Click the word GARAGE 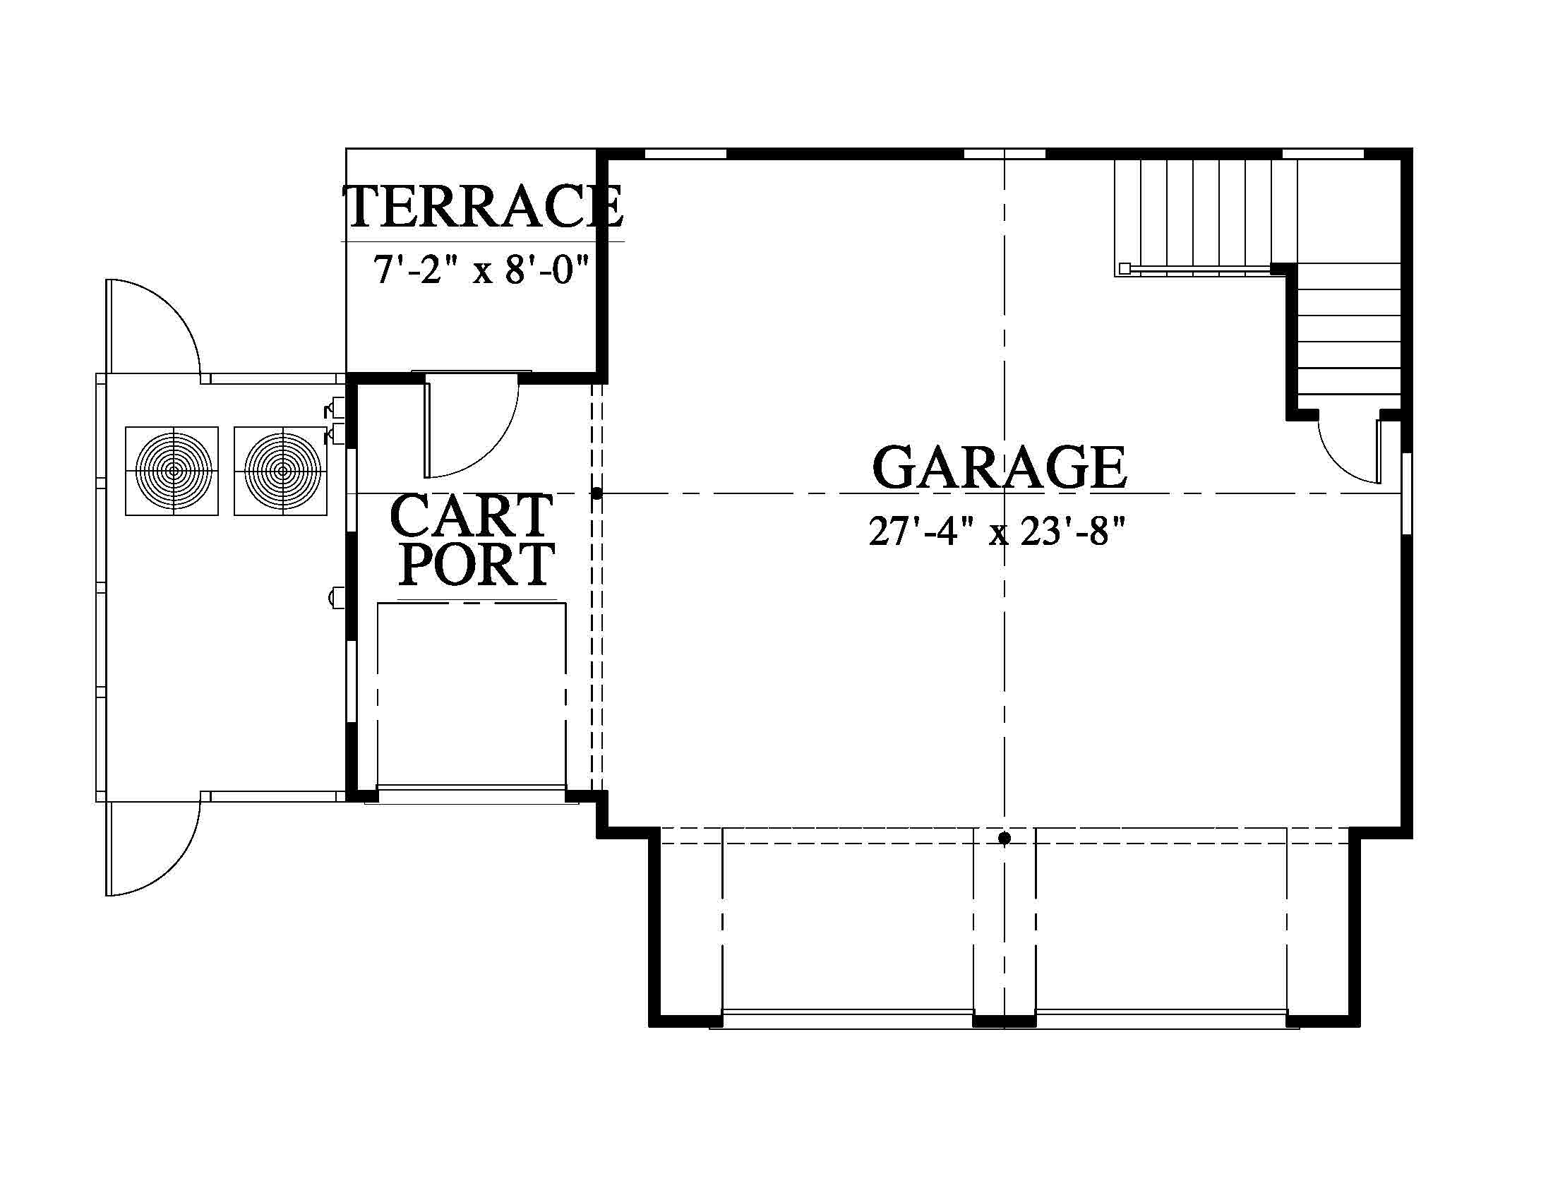[x=999, y=467]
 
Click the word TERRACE [x=484, y=205]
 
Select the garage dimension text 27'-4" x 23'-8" [x=997, y=531]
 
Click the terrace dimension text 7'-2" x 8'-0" [x=482, y=270]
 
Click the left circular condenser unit [x=172, y=471]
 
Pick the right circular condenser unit [x=282, y=471]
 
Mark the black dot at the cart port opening [x=596, y=493]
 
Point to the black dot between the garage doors [x=1004, y=838]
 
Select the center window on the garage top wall [x=1004, y=153]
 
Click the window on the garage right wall [x=1405, y=492]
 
